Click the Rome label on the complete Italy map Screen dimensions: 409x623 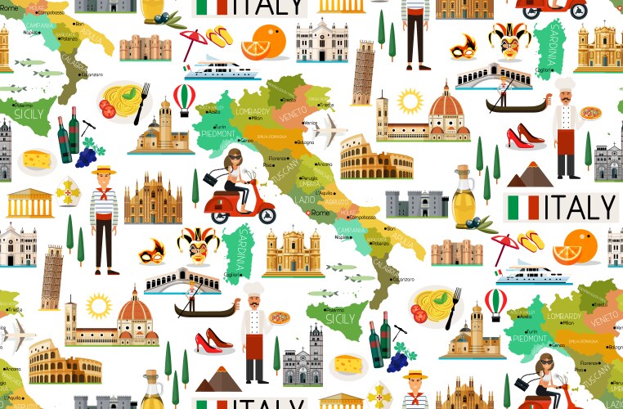coord(321,213)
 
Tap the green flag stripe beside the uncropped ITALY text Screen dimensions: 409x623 coord(513,207)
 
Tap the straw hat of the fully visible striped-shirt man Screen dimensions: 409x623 coord(104,171)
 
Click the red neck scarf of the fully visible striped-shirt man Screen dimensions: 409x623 coord(104,189)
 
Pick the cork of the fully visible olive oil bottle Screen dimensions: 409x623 coord(464,169)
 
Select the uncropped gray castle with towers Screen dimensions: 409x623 coord(416,203)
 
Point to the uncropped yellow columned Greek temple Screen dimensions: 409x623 coord(30,203)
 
